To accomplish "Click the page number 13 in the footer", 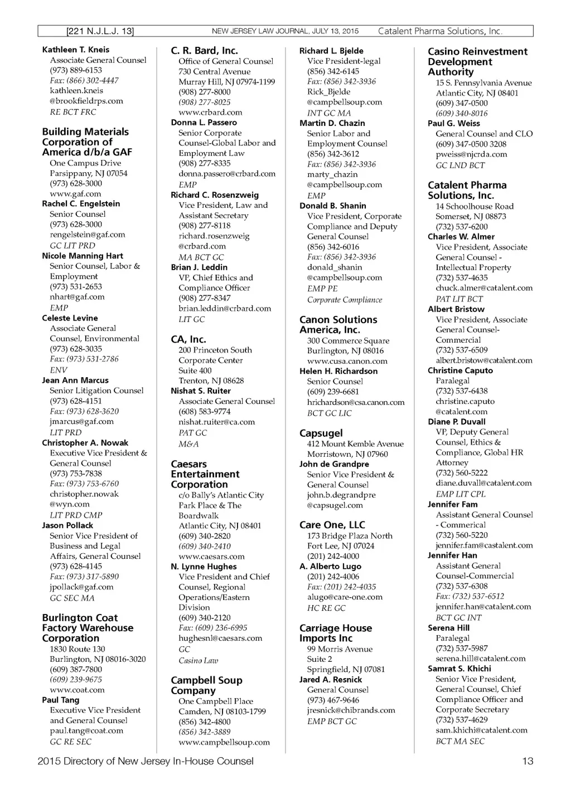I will point(528,761).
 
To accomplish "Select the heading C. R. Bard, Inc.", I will point(204,51).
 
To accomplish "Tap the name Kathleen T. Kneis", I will point(76,50).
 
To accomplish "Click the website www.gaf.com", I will point(75,194).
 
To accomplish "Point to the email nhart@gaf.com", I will point(77,297).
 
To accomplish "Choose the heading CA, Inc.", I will point(188,339).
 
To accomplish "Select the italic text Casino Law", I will point(198,661).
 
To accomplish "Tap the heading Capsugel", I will point(321,433).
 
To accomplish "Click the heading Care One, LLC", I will point(332,525).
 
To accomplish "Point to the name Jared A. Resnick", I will point(330,680).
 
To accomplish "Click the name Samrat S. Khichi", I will point(459,669).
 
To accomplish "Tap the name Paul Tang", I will point(61,700).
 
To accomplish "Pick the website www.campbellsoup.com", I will point(224,742).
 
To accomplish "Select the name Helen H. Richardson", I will point(338,371).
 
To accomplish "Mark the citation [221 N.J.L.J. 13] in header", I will point(100,31).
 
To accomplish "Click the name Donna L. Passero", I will point(204,123).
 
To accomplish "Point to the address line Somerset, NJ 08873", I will point(471,216).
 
